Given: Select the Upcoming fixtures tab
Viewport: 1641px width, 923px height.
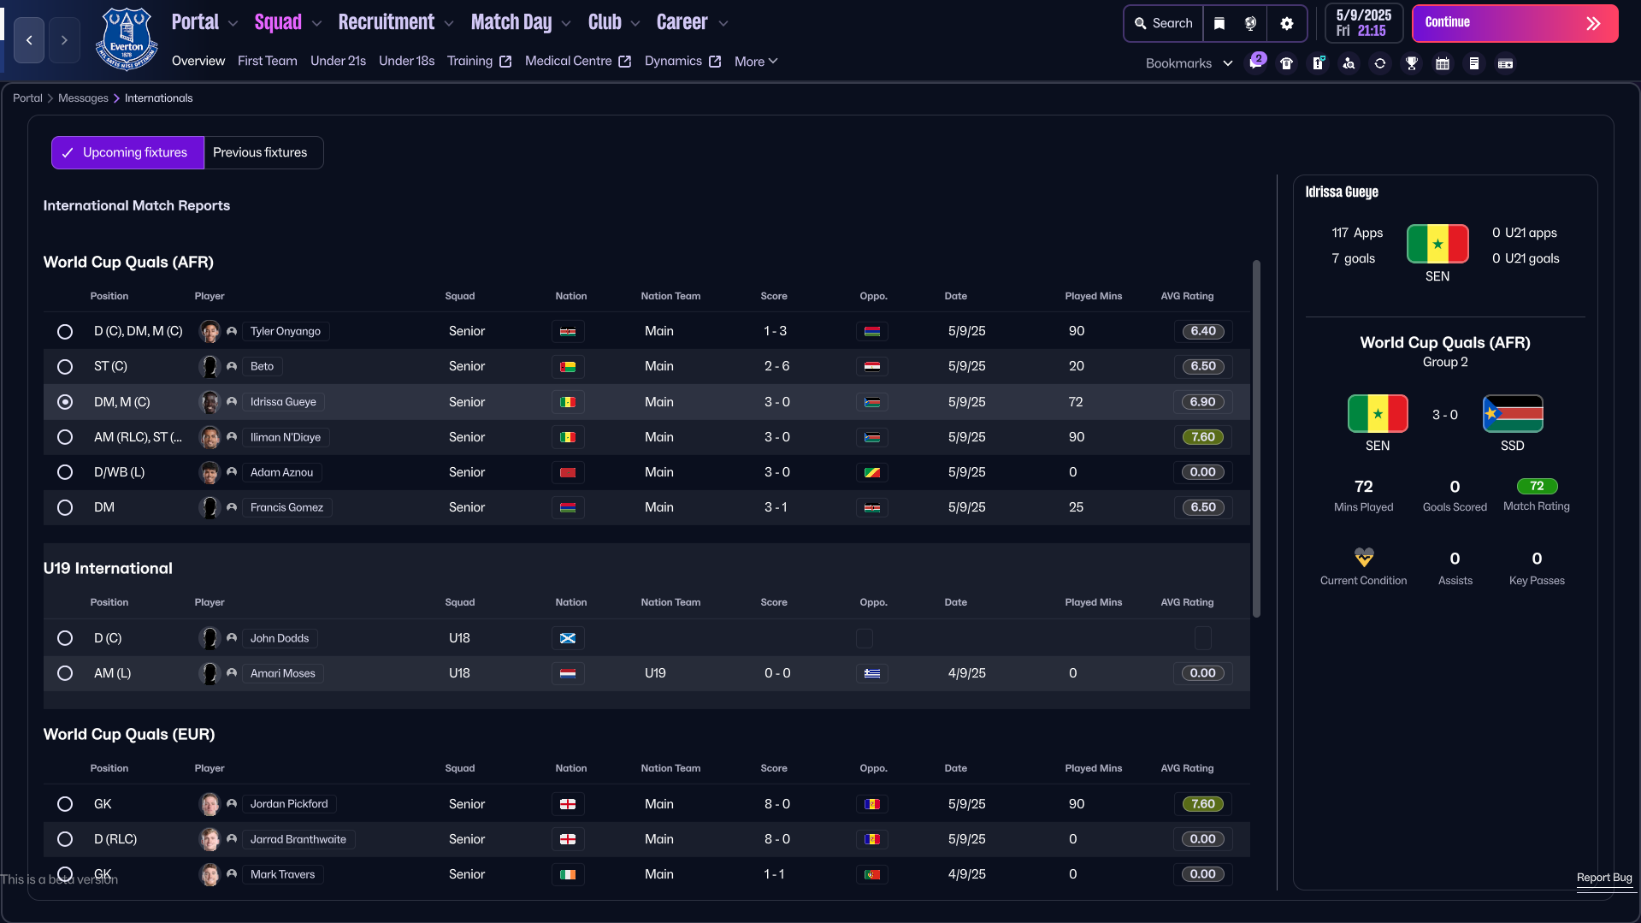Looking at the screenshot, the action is tap(127, 152).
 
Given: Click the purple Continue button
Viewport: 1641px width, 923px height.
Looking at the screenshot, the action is tap(1514, 23).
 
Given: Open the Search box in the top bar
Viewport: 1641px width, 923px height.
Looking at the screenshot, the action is tap(1163, 23).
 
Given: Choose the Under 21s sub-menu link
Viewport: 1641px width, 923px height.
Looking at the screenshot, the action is tap(338, 61).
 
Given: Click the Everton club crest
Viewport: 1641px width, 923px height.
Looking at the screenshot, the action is tap(127, 39).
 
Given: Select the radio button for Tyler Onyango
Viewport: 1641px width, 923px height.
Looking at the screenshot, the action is tap(65, 331).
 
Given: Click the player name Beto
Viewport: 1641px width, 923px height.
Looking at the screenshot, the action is tap(262, 366).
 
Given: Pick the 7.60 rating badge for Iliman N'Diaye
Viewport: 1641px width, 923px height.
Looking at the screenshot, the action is tap(1202, 437).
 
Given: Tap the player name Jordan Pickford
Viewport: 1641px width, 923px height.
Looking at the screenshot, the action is tap(289, 804).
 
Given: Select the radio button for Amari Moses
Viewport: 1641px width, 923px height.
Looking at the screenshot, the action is tap(65, 673).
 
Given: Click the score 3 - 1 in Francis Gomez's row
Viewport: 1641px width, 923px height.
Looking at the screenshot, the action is tap(776, 507).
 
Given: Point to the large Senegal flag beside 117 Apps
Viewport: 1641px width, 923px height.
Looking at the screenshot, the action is tap(1437, 244).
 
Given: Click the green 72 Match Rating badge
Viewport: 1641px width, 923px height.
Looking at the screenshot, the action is tap(1537, 486).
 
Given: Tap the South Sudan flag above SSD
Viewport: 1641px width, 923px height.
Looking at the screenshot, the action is tap(1513, 415).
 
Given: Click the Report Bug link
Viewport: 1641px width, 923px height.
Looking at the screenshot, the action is tap(1604, 878).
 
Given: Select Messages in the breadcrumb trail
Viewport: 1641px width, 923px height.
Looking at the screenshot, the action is tap(83, 98).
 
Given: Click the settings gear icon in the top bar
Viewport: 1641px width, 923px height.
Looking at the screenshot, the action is tap(1286, 23).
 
